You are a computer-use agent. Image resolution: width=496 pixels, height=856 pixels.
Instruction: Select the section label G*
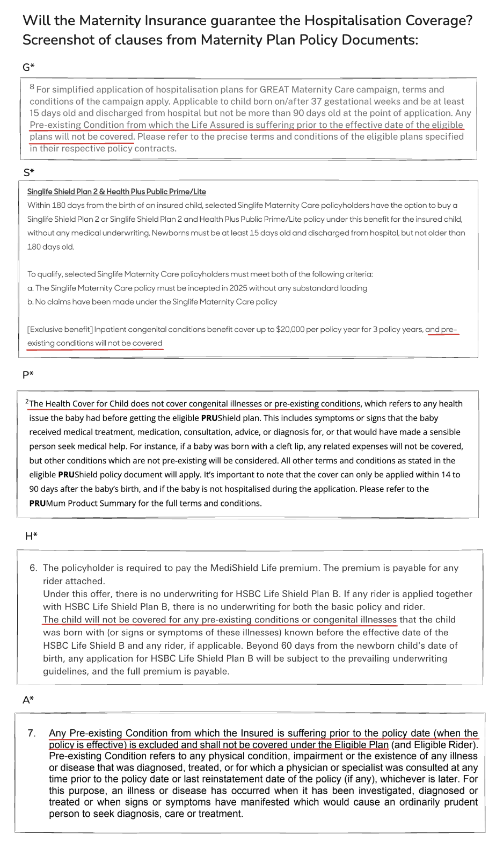tap(28, 67)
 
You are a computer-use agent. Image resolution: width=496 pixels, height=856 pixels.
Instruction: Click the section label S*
tap(29, 172)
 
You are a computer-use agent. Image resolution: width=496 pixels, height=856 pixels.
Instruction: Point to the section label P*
tap(28, 374)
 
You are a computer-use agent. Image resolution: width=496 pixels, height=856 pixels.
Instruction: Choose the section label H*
tap(31, 536)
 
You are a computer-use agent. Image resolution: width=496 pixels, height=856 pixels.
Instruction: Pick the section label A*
tap(28, 700)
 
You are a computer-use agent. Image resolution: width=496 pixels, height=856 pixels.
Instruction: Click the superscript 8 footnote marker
tap(32, 87)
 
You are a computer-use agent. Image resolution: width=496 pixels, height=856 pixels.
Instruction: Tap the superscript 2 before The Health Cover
tap(27, 401)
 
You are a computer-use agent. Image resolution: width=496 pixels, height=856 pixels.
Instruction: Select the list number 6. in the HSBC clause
tap(33, 568)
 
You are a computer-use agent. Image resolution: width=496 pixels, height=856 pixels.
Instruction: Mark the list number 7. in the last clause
tap(32, 733)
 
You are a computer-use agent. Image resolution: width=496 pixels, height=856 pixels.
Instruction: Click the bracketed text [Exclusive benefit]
tap(60, 329)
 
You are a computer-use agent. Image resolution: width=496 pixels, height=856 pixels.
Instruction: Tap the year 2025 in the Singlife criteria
tap(238, 288)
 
